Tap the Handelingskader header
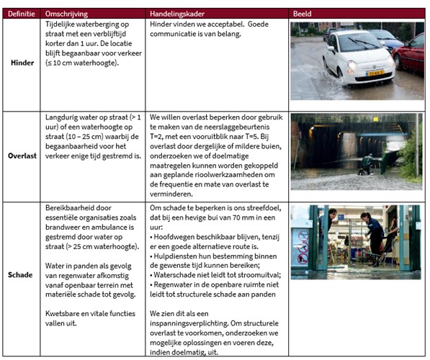pos(180,14)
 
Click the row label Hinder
pos(22,63)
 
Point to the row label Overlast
pos(22,154)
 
